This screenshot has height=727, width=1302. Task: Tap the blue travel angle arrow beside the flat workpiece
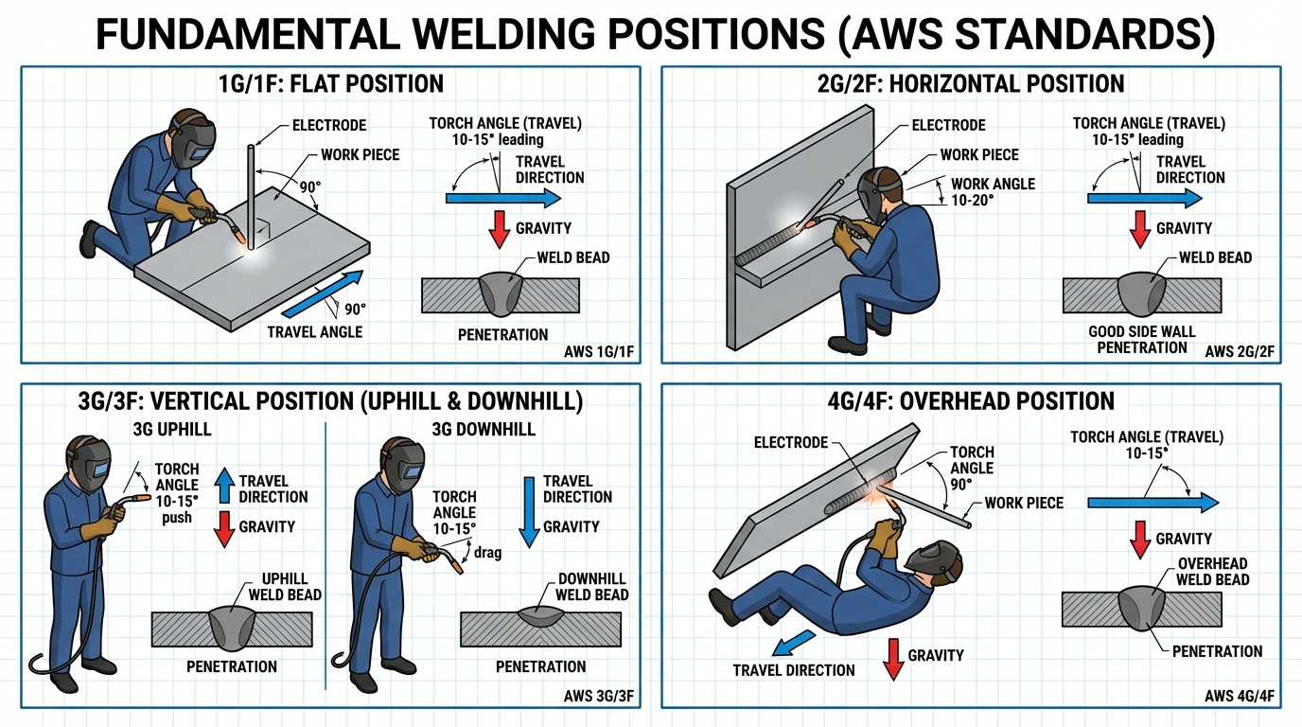324,293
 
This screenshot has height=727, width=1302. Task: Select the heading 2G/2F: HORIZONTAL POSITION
970,83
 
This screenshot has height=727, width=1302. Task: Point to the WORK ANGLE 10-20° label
993,191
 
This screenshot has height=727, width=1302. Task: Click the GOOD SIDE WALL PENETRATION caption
1141,339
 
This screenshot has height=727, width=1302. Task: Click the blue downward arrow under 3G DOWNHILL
529,510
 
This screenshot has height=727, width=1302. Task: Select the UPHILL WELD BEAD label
285,586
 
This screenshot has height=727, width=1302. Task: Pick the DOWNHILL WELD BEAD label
592,586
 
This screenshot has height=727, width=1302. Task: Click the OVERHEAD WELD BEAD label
1213,571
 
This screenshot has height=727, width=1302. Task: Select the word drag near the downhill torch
489,553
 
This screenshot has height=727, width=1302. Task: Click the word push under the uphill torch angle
177,518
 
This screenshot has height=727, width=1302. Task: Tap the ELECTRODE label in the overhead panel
791,442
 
